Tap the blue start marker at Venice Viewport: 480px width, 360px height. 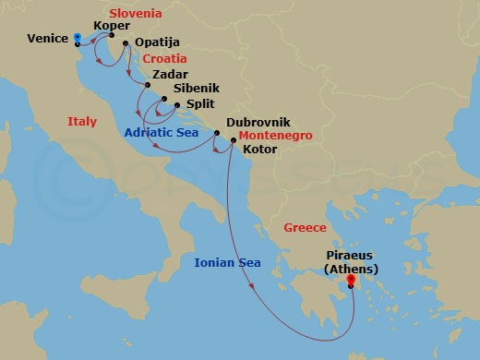coord(77,37)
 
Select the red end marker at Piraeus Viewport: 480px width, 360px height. coord(352,285)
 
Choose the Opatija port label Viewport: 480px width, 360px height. coord(156,43)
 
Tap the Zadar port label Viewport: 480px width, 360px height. coord(171,74)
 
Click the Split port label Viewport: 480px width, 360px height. coord(200,104)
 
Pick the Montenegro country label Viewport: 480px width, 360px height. coord(275,136)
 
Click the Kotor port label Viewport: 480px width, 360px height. coord(259,148)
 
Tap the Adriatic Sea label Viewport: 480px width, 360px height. coord(162,133)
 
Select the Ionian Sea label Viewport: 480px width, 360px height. coord(227,263)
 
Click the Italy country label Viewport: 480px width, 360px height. coord(81,121)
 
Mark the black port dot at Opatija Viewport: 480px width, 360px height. coord(126,42)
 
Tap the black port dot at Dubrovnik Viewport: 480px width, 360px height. coord(217,135)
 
